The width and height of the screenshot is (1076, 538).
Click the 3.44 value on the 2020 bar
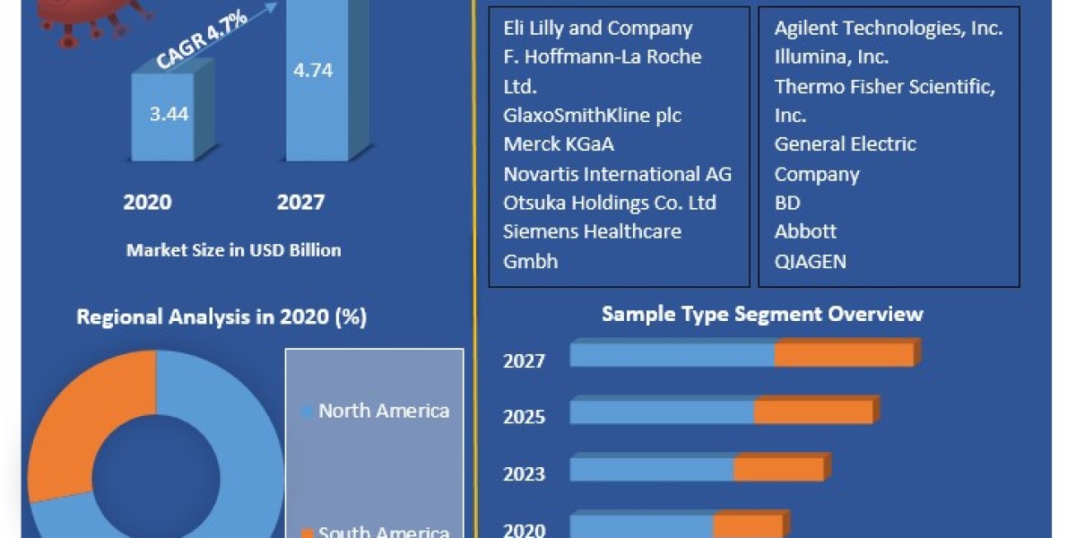tap(169, 114)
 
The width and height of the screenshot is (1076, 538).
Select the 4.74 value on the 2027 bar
tap(312, 70)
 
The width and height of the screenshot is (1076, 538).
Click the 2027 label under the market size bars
tap(300, 202)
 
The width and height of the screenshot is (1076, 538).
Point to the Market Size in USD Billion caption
tap(233, 250)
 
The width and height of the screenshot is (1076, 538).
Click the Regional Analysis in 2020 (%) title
tap(221, 317)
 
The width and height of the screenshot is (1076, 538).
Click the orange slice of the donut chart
tap(90, 421)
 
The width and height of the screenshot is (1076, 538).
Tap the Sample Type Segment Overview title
tap(761, 314)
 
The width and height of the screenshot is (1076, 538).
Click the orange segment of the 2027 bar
tap(844, 354)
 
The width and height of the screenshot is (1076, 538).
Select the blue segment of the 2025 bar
tap(662, 412)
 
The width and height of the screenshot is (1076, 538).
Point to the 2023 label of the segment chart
tap(524, 473)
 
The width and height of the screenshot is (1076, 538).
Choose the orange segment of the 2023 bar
tap(778, 469)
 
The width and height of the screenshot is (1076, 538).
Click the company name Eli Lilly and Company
tap(598, 28)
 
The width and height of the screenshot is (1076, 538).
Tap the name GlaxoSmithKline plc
tap(592, 116)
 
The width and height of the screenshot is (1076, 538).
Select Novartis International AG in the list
tap(617, 173)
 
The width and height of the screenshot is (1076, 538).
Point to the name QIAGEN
tap(810, 261)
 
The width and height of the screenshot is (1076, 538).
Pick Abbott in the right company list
tap(805, 231)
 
